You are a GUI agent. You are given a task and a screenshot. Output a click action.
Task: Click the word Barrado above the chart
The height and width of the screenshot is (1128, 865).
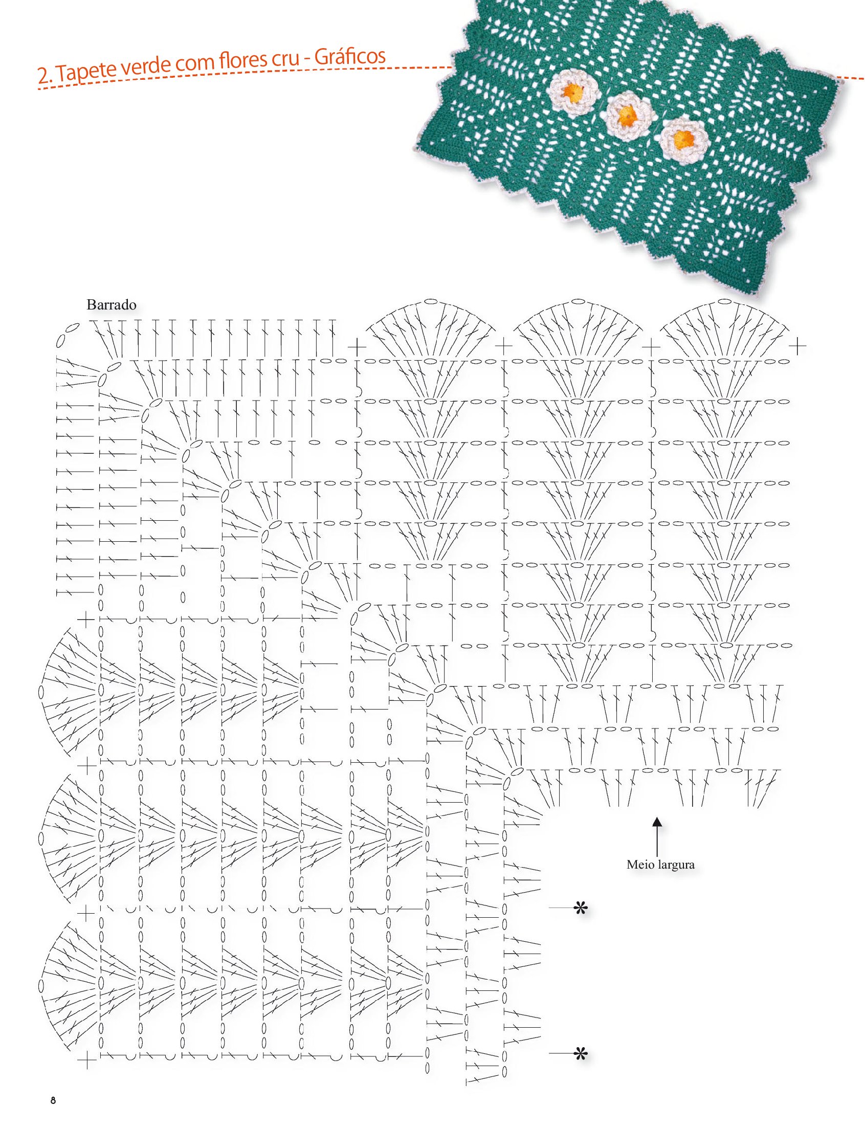(111, 305)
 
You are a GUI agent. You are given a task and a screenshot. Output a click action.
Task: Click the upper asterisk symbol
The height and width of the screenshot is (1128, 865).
(581, 909)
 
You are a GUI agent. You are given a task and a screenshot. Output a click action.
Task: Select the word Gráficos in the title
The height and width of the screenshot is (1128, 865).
(349, 57)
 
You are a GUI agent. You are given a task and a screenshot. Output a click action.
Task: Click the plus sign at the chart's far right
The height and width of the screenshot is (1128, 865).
(797, 346)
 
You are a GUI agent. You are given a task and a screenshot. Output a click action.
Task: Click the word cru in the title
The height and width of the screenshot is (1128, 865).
(286, 59)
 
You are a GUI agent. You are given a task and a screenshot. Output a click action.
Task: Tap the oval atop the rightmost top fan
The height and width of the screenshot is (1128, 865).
(725, 302)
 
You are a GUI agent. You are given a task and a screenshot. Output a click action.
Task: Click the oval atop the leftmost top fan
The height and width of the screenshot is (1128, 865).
(431, 302)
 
